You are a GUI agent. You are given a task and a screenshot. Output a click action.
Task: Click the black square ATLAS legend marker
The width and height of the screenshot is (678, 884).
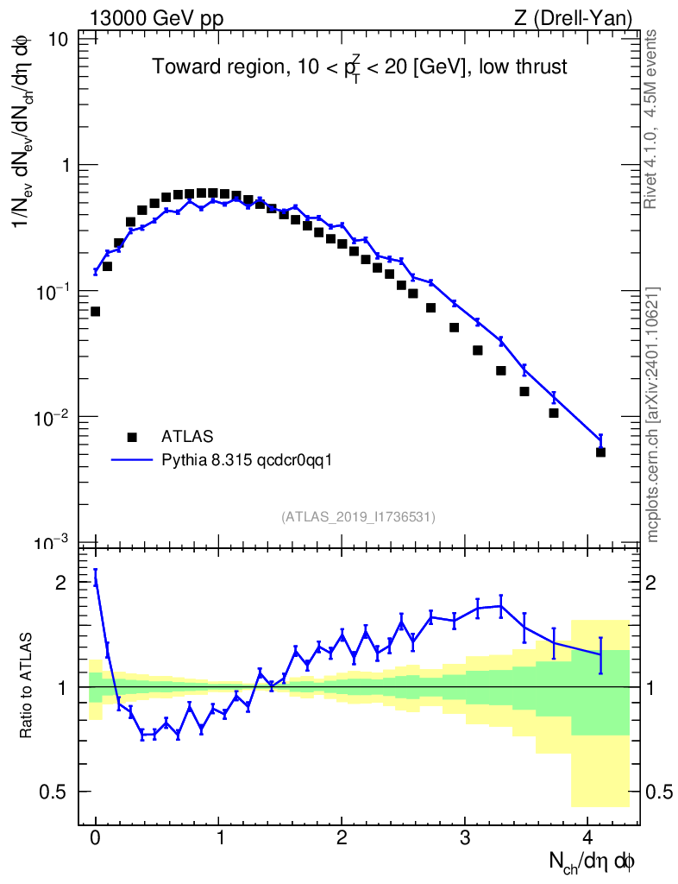132,437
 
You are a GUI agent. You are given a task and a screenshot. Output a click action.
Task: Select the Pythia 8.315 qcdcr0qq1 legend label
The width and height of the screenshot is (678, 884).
247,460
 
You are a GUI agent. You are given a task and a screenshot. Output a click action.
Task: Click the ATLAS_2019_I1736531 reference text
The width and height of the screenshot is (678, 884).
358,516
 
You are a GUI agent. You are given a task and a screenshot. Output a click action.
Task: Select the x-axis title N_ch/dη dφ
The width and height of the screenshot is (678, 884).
593,862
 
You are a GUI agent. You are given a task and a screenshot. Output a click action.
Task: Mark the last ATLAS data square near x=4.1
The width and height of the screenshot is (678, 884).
600,451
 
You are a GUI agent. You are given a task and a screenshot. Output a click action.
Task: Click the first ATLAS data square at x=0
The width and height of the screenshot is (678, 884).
95,311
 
